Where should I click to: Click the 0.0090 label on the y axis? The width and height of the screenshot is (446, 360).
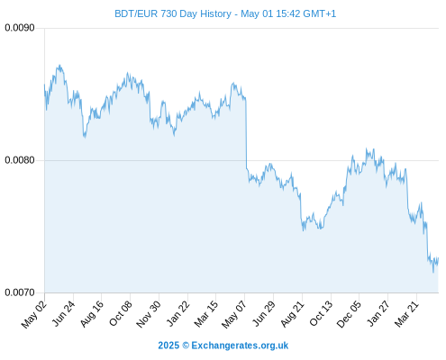point(20,28)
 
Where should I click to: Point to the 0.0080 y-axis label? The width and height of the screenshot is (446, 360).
point(20,160)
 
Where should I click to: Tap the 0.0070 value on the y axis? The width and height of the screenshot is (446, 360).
point(20,292)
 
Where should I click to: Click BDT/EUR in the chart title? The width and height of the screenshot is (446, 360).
point(136,13)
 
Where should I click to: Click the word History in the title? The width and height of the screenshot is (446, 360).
point(215,14)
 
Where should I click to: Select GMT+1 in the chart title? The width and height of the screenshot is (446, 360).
point(320,13)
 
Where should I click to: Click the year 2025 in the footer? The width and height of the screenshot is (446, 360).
point(168,346)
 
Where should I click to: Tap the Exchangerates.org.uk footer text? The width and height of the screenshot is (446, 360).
point(240,346)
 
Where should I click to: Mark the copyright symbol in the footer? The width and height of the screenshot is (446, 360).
point(186,346)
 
